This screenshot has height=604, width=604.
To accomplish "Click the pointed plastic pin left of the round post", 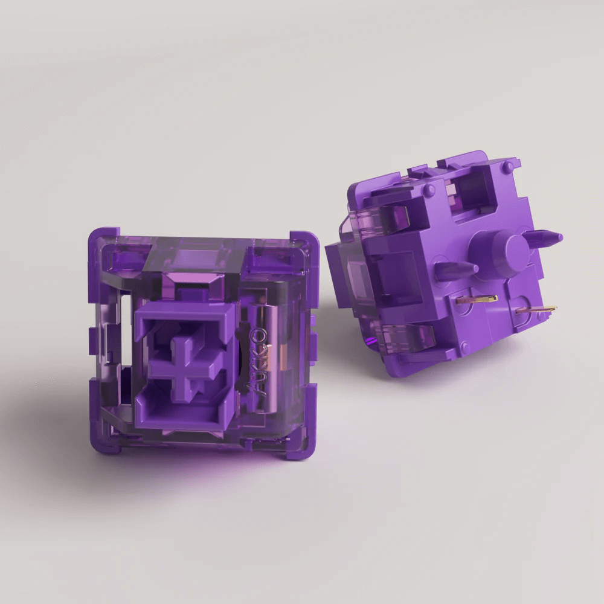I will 457,270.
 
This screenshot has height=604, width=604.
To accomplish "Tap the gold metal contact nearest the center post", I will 477,299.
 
